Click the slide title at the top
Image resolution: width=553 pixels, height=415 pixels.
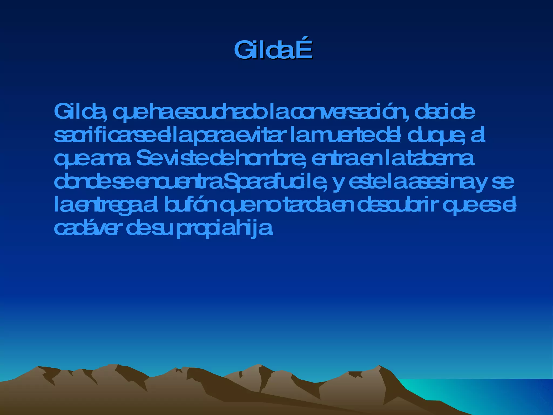point(273,50)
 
